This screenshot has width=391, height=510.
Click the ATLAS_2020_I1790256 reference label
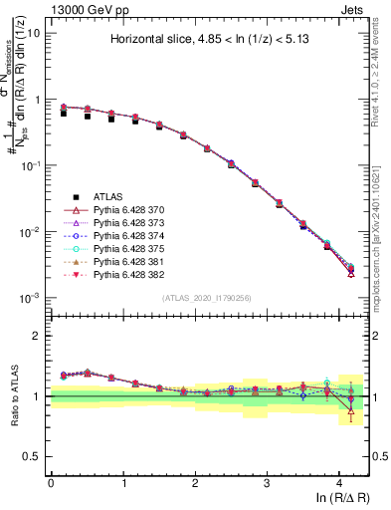click(x=207, y=300)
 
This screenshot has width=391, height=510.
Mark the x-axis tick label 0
click(x=51, y=483)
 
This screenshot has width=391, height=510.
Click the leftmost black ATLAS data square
click(x=64, y=114)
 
